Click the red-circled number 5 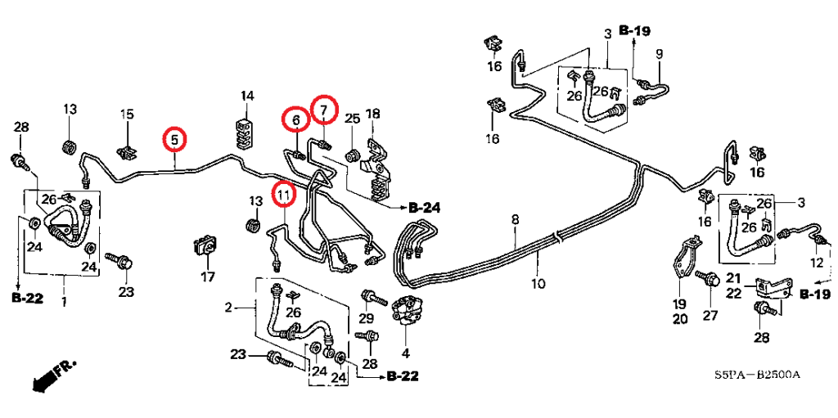[174, 140]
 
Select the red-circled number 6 [296, 121]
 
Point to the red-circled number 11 [282, 194]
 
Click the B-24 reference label [424, 209]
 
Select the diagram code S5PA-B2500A [755, 375]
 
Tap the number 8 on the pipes [515, 219]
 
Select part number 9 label [659, 54]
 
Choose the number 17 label [208, 276]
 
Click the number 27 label [710, 316]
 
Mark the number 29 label [367, 317]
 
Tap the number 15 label [127, 114]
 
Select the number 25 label [352, 119]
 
